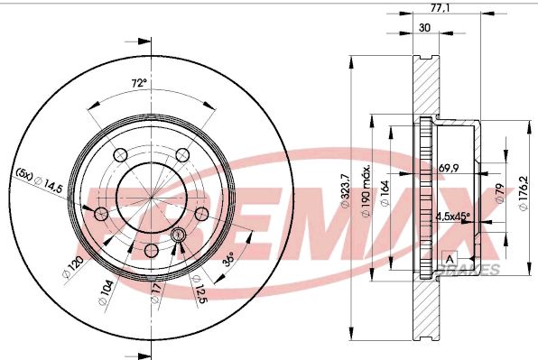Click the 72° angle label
(138, 84)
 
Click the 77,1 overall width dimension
(441, 9)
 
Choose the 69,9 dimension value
(448, 169)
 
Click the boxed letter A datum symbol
(449, 259)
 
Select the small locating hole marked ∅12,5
(178, 235)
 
